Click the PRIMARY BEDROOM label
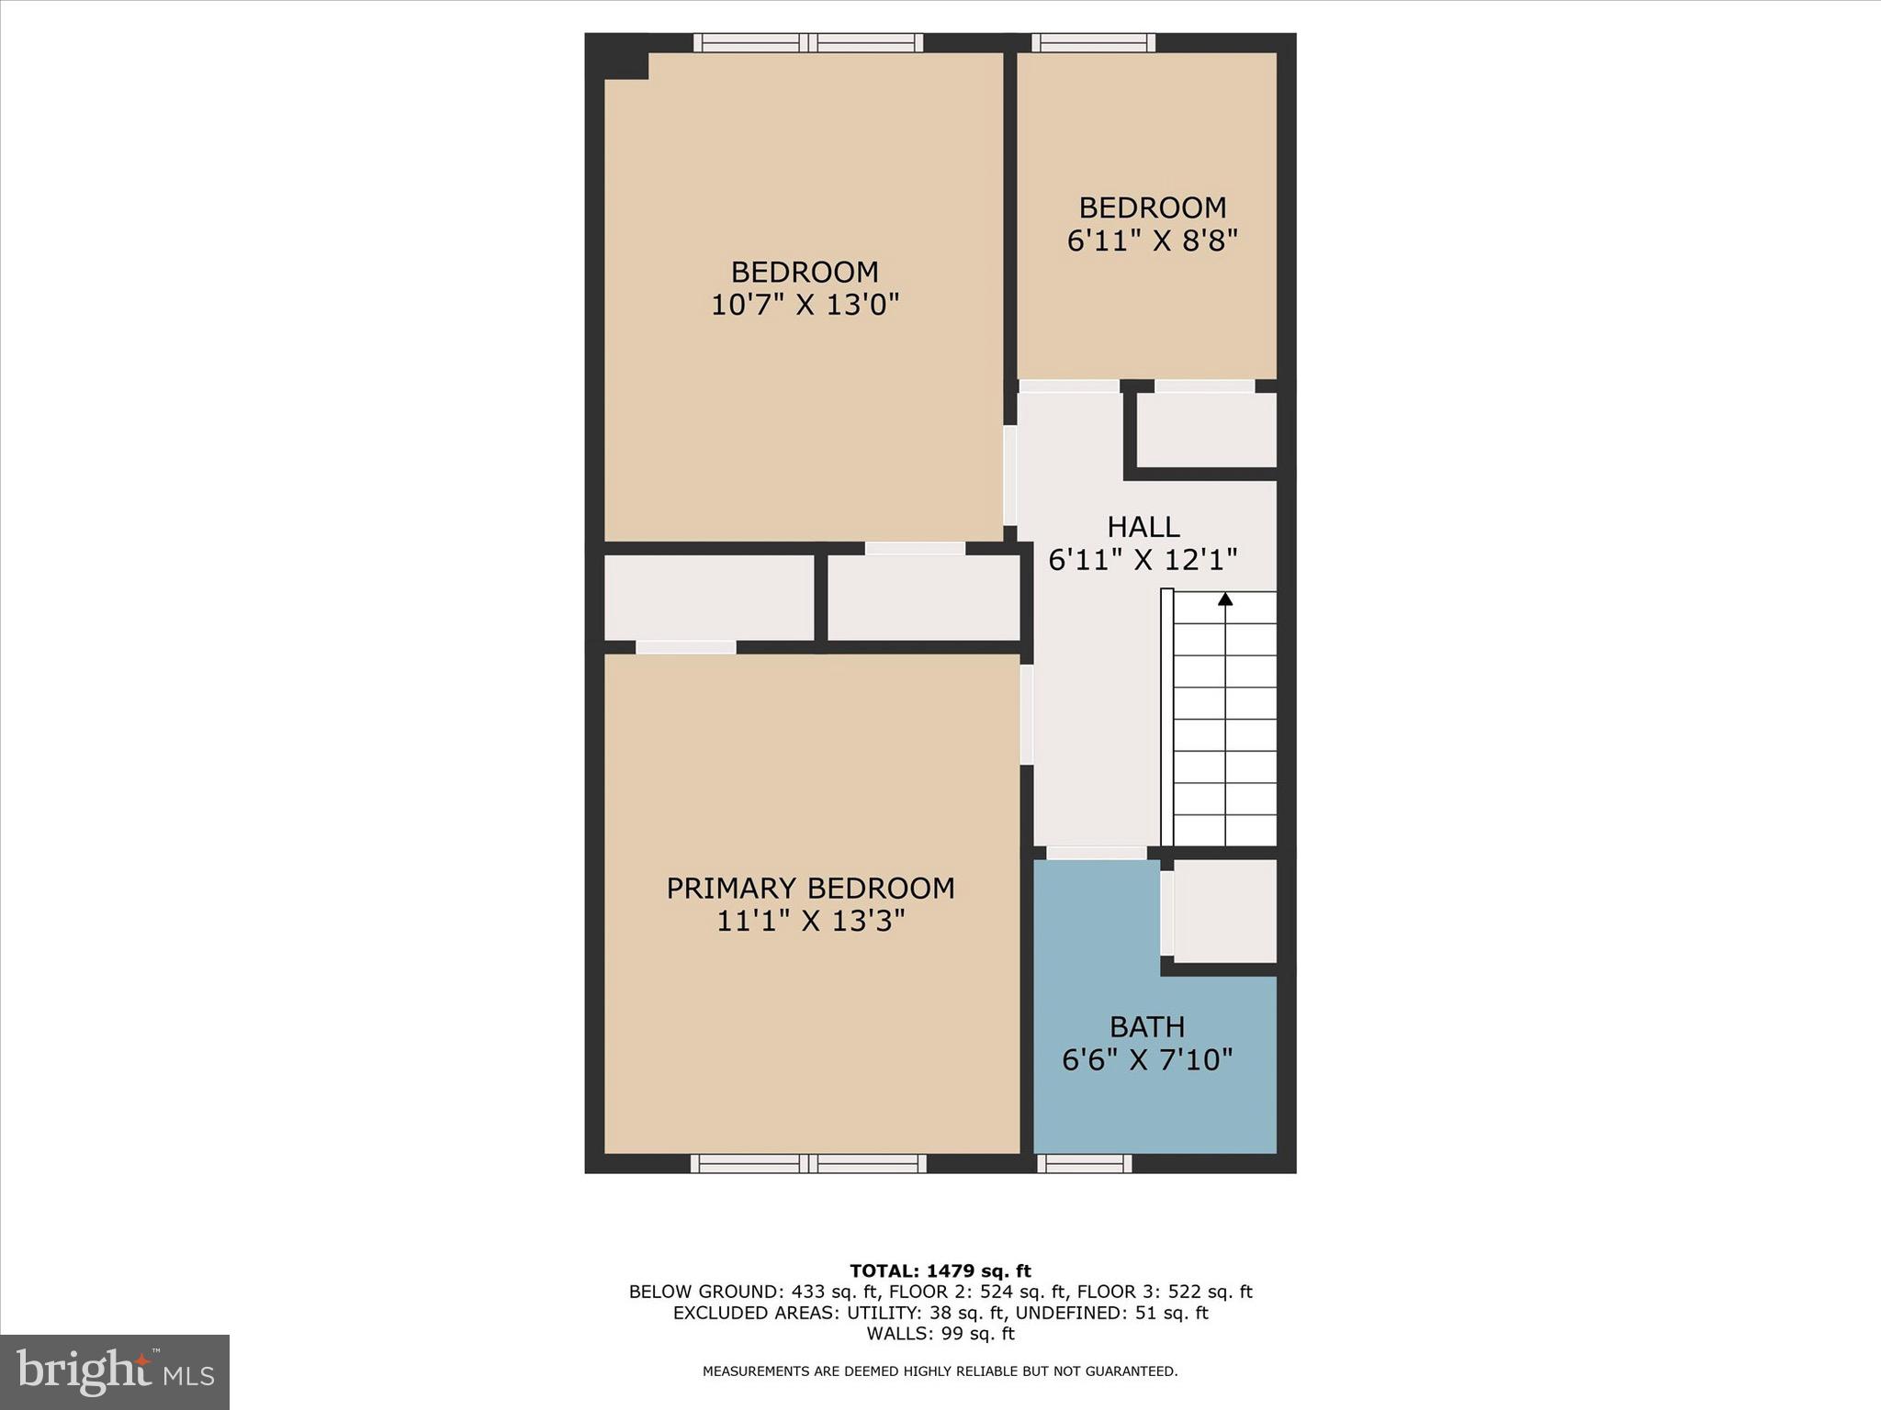(810, 888)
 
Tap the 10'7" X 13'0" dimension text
(805, 304)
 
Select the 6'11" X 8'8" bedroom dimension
(1152, 241)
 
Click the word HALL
(1143, 526)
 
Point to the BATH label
(1146, 1026)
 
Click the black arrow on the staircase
(1224, 599)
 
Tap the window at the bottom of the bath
(1084, 1163)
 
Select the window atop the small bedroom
(1093, 42)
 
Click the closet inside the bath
(1225, 911)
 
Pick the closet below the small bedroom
(1207, 430)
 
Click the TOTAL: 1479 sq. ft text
(940, 1270)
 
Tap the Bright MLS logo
(115, 1371)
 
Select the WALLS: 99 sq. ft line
(940, 1334)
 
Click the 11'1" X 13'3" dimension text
(810, 921)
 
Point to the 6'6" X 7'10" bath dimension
(1146, 1060)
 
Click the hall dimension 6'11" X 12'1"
(1143, 559)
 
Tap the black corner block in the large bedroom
(626, 65)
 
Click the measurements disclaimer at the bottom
(940, 1371)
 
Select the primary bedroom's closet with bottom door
(708, 598)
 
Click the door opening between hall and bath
(1096, 853)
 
